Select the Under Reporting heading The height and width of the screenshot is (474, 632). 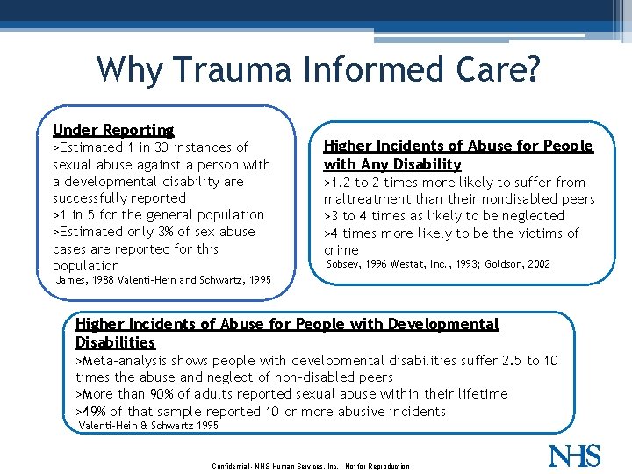113,130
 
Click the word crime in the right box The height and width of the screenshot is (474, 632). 341,250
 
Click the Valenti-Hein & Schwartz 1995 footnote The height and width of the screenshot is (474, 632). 149,426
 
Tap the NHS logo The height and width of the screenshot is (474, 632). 576,456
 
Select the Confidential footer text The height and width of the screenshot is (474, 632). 239,465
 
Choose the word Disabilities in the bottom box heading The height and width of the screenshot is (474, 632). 115,342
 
